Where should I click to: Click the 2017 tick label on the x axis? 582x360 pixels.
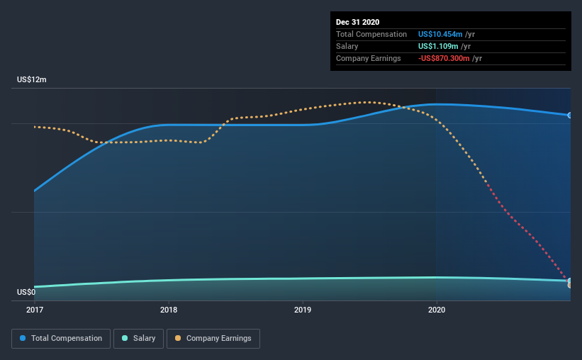[x=35, y=310]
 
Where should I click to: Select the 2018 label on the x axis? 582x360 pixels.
[x=169, y=310]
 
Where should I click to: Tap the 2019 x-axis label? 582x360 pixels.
[x=303, y=310]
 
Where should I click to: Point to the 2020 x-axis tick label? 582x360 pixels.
[x=437, y=310]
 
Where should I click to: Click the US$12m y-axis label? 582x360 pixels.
[x=32, y=79]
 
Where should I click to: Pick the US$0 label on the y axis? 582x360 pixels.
[x=26, y=292]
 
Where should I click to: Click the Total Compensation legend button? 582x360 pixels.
[x=61, y=339]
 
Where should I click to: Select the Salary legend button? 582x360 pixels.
[x=138, y=339]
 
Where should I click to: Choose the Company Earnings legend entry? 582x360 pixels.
[x=213, y=339]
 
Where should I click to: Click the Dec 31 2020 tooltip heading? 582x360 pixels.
[x=357, y=22]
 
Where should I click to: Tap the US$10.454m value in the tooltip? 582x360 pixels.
[x=440, y=34]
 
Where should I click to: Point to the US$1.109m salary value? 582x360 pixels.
[x=438, y=46]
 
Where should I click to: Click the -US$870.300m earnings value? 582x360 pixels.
[x=444, y=58]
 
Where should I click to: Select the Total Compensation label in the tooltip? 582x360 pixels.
[x=371, y=34]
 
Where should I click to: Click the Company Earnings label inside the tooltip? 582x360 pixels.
[x=368, y=58]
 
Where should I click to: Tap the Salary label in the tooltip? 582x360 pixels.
[x=347, y=46]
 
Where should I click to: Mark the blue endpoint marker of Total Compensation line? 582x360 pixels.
[x=570, y=116]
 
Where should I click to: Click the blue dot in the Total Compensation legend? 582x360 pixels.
[x=23, y=338]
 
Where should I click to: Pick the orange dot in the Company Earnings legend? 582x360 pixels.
[x=178, y=338]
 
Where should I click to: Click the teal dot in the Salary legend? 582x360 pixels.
[x=125, y=338]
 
